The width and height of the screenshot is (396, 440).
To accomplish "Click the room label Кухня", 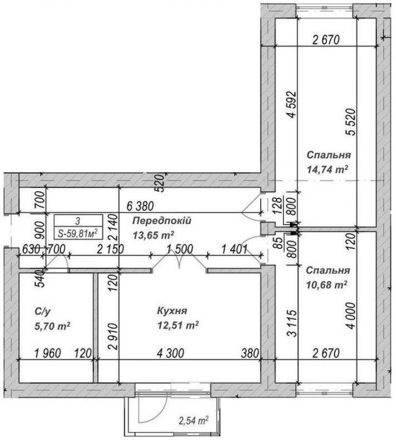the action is (x=172, y=311).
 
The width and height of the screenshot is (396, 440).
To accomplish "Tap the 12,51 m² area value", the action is (x=178, y=326).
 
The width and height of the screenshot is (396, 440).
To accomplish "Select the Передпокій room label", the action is (x=162, y=221).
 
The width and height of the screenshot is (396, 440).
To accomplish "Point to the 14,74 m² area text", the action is (x=327, y=169).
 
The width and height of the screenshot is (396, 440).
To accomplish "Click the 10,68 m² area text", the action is (x=327, y=285).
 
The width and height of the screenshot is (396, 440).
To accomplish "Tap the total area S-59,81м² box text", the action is (x=78, y=233).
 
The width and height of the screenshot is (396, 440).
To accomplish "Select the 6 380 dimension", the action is (x=140, y=206).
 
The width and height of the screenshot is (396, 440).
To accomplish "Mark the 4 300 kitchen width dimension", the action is (x=170, y=353).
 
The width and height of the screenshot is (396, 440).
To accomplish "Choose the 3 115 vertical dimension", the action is (x=292, y=323).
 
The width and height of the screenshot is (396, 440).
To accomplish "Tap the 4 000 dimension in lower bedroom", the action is (x=351, y=315).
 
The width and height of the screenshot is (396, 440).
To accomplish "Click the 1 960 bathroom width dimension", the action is (x=48, y=353).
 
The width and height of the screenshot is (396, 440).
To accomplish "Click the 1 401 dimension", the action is (x=234, y=248).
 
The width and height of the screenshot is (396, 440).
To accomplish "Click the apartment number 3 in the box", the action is (x=78, y=221).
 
